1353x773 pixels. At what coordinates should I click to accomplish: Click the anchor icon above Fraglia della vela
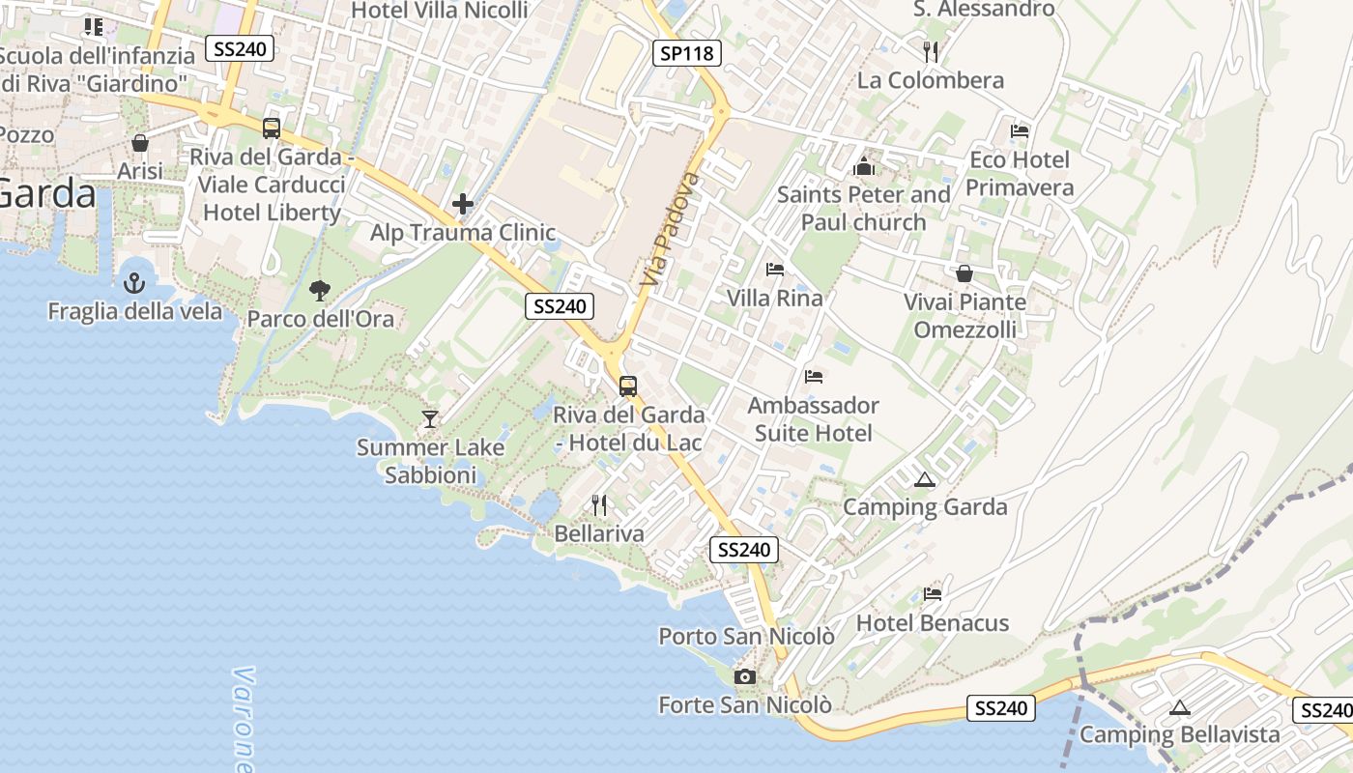134,283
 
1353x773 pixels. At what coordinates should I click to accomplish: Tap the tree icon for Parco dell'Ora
319,290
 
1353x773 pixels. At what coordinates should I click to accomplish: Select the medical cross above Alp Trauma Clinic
463,204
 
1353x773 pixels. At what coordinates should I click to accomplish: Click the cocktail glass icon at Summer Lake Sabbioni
430,419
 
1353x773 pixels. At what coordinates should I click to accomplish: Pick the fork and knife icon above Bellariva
599,504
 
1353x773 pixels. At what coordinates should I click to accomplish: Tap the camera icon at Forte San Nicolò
744,676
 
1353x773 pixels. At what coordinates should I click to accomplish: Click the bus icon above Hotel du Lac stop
628,386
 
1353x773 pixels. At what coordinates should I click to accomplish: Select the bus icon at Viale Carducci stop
272,129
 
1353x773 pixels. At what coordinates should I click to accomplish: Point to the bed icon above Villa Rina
775,269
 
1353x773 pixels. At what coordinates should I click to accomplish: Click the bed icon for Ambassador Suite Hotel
814,376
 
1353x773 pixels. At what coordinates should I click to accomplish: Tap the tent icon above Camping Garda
925,479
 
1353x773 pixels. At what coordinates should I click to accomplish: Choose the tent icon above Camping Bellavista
1179,707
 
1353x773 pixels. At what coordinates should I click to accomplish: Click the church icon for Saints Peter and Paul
863,166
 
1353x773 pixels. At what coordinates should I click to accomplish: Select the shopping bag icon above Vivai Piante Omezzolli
964,273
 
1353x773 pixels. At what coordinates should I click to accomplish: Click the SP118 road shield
688,53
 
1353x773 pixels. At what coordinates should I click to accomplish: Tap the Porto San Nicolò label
746,637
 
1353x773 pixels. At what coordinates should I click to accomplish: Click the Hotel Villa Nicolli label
440,11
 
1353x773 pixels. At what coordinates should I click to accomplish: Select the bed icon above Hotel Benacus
933,593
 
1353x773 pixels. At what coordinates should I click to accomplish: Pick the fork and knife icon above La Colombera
931,51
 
